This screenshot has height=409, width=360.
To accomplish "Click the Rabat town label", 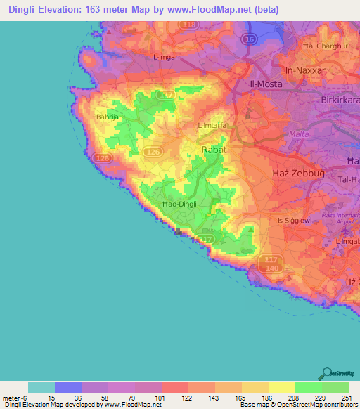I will point(213,150).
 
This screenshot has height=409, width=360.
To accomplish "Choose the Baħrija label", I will point(108,117).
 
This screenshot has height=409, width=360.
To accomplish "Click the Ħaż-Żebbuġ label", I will point(290,171).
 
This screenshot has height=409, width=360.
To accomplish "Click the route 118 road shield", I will point(188,25).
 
